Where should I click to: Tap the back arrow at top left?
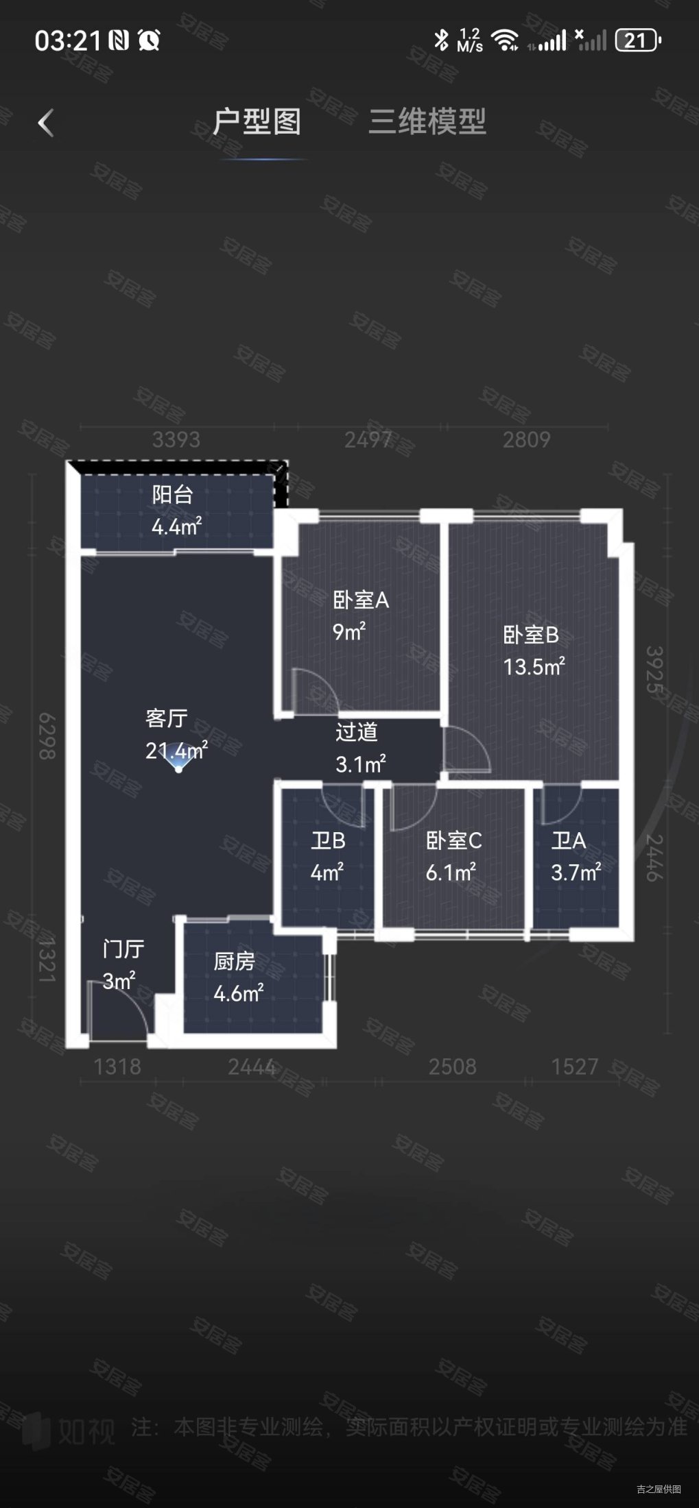point(45,123)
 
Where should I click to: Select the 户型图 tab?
point(257,122)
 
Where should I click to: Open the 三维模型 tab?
point(427,122)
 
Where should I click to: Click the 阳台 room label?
point(173,495)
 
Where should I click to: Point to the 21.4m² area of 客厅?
point(176,751)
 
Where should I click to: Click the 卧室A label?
point(361,600)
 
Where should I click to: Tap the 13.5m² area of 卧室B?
point(534,667)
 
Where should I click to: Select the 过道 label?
point(357,732)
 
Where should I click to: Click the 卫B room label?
point(328,841)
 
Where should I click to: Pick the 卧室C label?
point(453,841)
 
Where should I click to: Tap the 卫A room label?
point(569,841)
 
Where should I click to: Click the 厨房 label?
point(234,962)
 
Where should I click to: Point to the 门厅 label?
point(123,949)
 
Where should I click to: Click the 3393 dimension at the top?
point(176,440)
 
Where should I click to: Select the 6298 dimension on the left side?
point(47,736)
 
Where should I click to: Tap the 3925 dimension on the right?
point(654,670)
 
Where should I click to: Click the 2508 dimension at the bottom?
point(452,1067)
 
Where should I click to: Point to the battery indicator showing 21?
point(637,40)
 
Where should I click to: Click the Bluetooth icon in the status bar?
point(441,40)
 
